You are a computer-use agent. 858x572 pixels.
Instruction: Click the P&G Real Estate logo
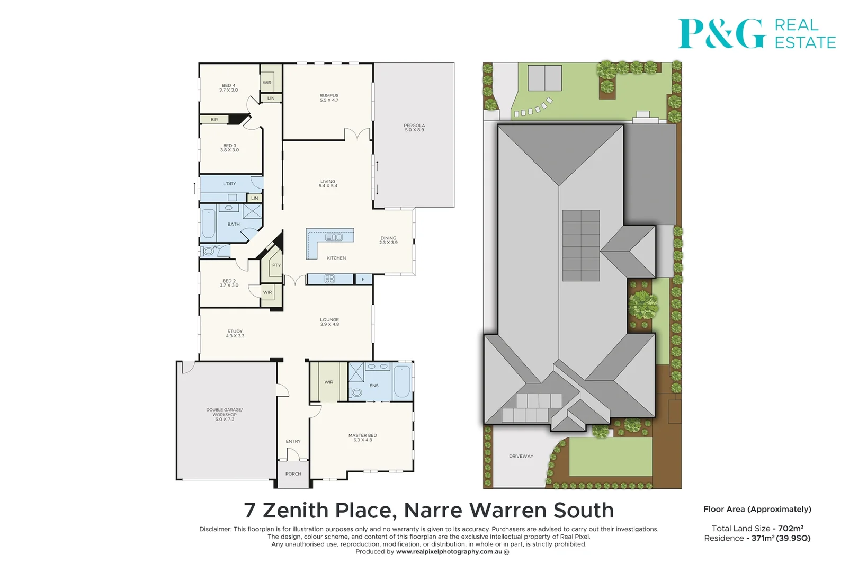[756, 33]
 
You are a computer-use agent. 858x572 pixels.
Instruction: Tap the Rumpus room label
[329, 98]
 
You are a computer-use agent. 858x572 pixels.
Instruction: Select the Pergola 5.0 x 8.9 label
[414, 128]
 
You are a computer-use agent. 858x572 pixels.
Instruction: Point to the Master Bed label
[363, 437]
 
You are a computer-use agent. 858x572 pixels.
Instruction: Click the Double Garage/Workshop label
[225, 414]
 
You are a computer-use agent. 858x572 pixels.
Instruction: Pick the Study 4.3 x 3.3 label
[235, 334]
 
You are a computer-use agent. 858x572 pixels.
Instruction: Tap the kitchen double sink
[334, 237]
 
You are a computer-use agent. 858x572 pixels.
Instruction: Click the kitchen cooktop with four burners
[329, 279]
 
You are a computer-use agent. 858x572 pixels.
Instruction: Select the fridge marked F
[363, 279]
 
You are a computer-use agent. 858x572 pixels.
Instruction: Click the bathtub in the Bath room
[208, 224]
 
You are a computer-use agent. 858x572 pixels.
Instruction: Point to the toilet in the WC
[208, 252]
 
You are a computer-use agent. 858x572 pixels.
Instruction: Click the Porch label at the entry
[293, 474]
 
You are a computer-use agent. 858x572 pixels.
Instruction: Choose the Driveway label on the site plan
[521, 456]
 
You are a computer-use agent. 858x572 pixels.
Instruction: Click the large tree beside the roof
[643, 305]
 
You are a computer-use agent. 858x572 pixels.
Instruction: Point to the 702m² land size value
[791, 529]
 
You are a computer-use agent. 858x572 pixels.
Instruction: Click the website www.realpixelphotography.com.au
[449, 552]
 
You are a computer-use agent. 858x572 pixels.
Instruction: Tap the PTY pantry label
[276, 265]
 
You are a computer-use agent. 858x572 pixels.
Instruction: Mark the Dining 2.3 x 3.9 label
[388, 240]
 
